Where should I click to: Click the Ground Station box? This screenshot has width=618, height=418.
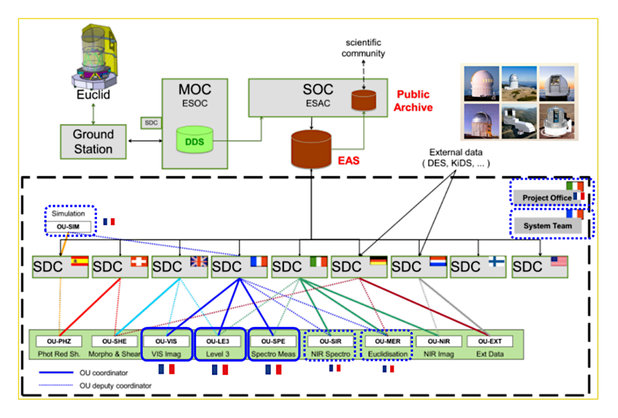(x=93, y=141)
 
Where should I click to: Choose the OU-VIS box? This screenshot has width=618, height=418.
(x=167, y=341)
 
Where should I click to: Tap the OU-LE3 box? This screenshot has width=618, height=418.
(x=220, y=341)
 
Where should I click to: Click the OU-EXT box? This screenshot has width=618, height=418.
(x=489, y=341)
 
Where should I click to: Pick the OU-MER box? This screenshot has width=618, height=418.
(x=387, y=341)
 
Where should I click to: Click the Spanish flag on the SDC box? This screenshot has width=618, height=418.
(x=80, y=261)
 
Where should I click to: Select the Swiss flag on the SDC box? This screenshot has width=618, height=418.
(x=139, y=261)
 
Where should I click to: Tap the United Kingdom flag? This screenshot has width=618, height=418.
(x=198, y=261)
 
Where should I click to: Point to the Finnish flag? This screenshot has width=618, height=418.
(x=497, y=261)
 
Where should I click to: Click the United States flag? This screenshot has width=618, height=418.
(x=558, y=261)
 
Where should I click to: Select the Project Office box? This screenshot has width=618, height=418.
(x=547, y=197)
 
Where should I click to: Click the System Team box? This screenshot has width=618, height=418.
(x=548, y=226)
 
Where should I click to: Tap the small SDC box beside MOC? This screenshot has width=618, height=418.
(x=150, y=123)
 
